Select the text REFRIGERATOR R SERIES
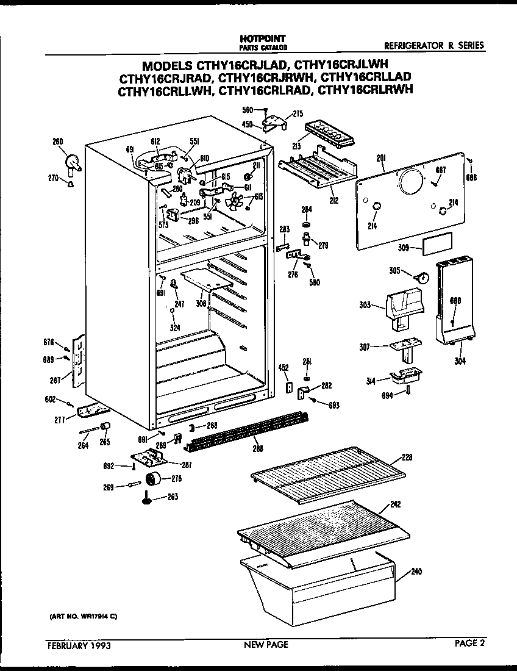click(x=434, y=45)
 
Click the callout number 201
click(x=382, y=159)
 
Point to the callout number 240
click(x=416, y=572)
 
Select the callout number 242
click(x=396, y=504)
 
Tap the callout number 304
click(x=459, y=361)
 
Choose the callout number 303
click(x=365, y=304)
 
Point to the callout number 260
click(x=57, y=142)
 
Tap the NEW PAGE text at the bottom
click(x=266, y=644)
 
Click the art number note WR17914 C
click(x=83, y=617)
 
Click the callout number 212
click(x=333, y=200)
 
